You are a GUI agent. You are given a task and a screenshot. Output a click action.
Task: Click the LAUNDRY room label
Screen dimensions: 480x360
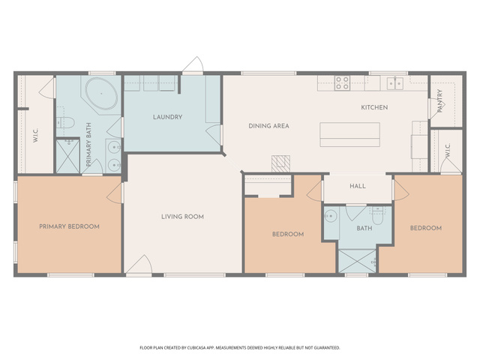click(167, 117)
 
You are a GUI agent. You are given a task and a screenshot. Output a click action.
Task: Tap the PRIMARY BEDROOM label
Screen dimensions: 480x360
click(69, 226)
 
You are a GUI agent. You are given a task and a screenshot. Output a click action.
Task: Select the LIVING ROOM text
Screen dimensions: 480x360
click(182, 217)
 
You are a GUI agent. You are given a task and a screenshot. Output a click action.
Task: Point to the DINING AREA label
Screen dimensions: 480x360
click(268, 126)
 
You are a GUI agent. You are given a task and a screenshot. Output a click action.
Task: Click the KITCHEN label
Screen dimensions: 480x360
click(374, 107)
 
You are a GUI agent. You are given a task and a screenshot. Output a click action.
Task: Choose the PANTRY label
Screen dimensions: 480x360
click(440, 100)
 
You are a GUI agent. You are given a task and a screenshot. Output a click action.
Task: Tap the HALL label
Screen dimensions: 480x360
click(358, 186)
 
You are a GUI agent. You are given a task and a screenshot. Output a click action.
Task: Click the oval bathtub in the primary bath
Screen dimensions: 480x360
click(101, 94)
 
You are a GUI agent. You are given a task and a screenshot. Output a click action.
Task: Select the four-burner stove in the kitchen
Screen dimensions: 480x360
click(342, 82)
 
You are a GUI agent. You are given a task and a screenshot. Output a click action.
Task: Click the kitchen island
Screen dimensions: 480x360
click(350, 135)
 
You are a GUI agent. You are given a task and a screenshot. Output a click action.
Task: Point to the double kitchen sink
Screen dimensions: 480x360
click(395, 83)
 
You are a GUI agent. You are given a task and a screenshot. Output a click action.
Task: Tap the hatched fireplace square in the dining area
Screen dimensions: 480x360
click(280, 163)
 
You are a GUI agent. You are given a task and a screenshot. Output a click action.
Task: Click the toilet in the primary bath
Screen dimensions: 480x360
click(65, 123)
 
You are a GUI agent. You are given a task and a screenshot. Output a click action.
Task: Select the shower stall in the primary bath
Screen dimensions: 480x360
click(68, 156)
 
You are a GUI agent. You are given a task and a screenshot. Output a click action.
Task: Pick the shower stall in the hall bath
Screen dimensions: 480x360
click(357, 261)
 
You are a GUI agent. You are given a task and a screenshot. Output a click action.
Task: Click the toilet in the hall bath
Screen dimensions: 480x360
click(378, 216)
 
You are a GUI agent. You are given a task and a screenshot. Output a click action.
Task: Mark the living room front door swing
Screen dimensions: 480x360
click(139, 264)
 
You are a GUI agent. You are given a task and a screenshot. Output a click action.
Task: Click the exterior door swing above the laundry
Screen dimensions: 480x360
click(193, 64)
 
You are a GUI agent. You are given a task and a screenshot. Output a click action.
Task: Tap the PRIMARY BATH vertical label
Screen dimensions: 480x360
click(88, 145)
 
